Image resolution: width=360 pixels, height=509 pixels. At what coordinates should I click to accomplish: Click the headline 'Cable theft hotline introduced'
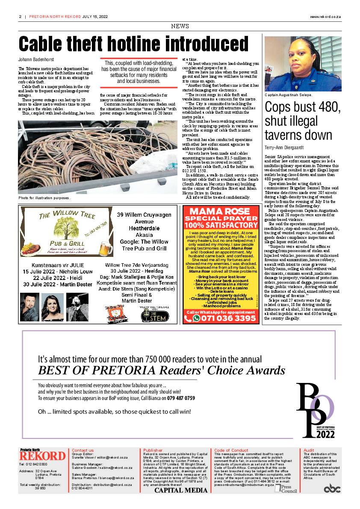[x=133, y=44]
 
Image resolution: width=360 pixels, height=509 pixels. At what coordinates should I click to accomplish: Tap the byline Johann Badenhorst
[x=35, y=59]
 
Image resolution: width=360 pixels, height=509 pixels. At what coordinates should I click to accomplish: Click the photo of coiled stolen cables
[x=97, y=157]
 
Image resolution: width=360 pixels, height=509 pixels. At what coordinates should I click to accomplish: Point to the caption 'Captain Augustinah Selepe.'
[x=288, y=95]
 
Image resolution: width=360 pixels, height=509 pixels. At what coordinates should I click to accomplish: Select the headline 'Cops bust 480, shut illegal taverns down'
[x=302, y=121]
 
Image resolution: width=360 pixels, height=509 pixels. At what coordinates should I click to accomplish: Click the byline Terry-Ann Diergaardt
[x=284, y=147]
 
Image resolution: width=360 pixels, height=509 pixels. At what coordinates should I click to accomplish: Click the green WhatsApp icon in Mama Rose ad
[x=196, y=318]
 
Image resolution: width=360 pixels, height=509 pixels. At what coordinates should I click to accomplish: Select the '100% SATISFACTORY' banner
[x=221, y=225]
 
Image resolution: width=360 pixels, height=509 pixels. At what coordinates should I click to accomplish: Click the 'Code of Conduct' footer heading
[x=231, y=450]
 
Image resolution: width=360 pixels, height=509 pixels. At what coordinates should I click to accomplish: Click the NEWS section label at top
[x=180, y=26]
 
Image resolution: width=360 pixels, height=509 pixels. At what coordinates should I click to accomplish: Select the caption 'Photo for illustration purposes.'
[x=44, y=198]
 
